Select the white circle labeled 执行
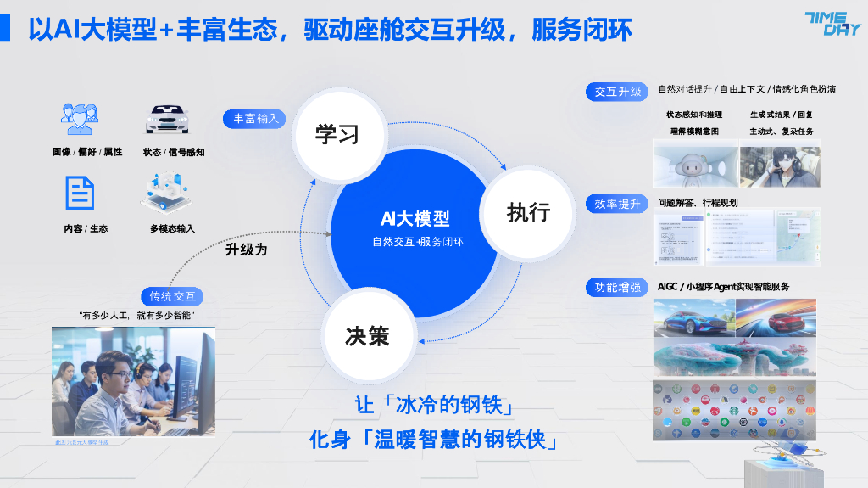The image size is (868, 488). click(528, 211)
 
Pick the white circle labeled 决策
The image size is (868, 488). click(367, 335)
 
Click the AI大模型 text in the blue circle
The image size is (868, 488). click(415, 219)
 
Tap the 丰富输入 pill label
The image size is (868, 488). click(256, 119)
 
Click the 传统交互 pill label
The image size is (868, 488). click(172, 296)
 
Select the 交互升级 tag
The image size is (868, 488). click(618, 91)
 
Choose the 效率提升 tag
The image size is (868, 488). click(618, 204)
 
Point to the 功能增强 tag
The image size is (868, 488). click(618, 288)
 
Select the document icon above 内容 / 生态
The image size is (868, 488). click(80, 193)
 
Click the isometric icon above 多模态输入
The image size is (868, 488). click(167, 194)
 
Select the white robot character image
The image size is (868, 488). click(695, 166)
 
